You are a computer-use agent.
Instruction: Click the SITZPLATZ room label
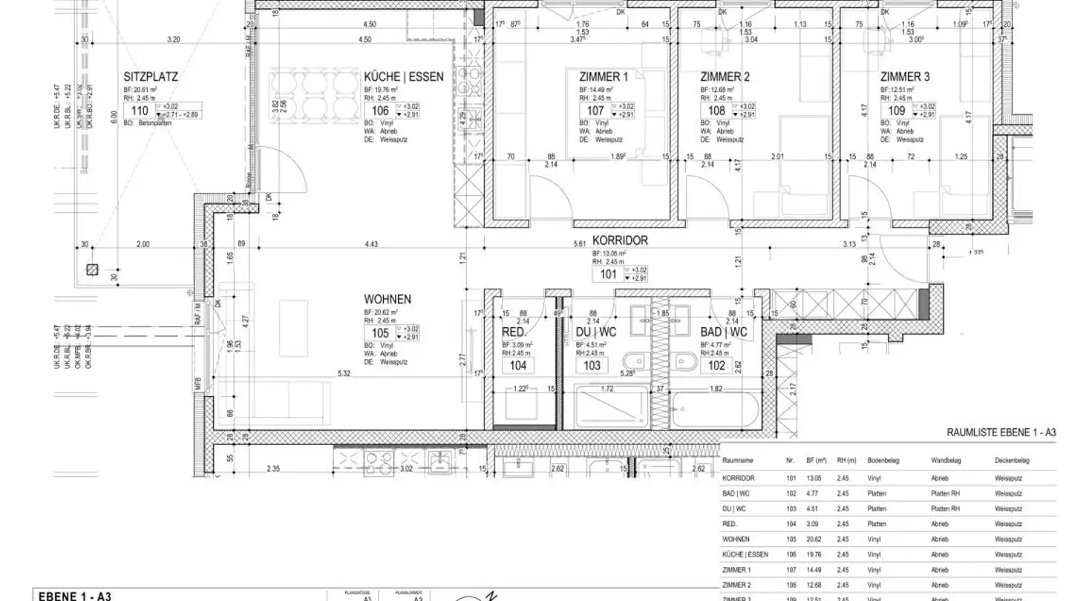pyautogui.click(x=151, y=76)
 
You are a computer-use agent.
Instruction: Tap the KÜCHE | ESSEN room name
pyautogui.click(x=404, y=76)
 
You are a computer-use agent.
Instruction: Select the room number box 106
pyautogui.click(x=380, y=111)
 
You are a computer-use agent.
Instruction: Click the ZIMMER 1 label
pyautogui.click(x=604, y=76)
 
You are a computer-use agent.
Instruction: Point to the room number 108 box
pyautogui.click(x=716, y=111)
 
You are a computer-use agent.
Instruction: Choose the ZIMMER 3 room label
pyautogui.click(x=905, y=76)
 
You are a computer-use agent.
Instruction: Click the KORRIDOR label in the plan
pyautogui.click(x=620, y=240)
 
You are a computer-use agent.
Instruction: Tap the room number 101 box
pyautogui.click(x=608, y=274)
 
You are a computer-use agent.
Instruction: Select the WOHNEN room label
pyautogui.click(x=388, y=299)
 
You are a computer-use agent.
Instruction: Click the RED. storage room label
pyautogui.click(x=514, y=332)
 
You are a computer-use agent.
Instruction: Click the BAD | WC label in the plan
pyautogui.click(x=724, y=332)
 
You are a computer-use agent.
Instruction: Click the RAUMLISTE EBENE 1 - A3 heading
pyautogui.click(x=1001, y=432)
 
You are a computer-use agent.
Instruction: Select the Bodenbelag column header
pyautogui.click(x=883, y=461)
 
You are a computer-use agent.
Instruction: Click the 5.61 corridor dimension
pyautogui.click(x=580, y=243)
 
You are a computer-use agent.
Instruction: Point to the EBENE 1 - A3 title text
pyautogui.click(x=74, y=596)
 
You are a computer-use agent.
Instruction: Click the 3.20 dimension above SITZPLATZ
pyautogui.click(x=174, y=39)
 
